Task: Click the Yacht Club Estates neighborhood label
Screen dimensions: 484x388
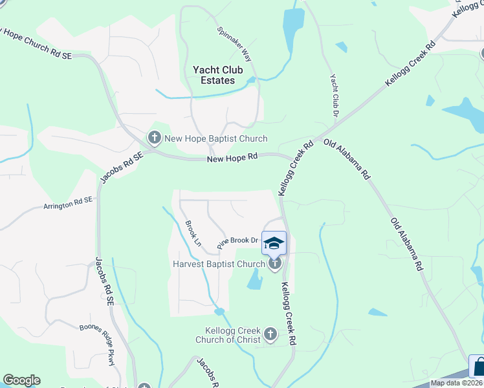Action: point(214,74)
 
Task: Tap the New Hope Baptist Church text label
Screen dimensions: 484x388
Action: point(215,138)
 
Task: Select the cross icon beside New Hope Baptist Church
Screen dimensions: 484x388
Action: point(154,137)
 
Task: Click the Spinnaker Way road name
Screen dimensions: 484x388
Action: point(234,44)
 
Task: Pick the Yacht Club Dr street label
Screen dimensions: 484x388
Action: point(335,95)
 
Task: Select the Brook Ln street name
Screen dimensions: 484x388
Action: point(192,233)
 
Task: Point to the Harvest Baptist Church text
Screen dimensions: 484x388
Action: point(219,264)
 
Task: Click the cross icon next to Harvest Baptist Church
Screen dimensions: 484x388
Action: point(274,263)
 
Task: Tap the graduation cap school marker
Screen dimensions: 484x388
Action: point(274,242)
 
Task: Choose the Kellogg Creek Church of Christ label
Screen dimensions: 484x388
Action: point(229,335)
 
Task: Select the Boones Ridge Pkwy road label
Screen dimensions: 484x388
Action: point(97,344)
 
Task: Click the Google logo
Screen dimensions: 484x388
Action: point(21,380)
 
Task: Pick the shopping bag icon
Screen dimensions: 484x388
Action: point(478,367)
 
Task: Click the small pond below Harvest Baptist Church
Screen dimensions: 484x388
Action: point(255,279)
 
